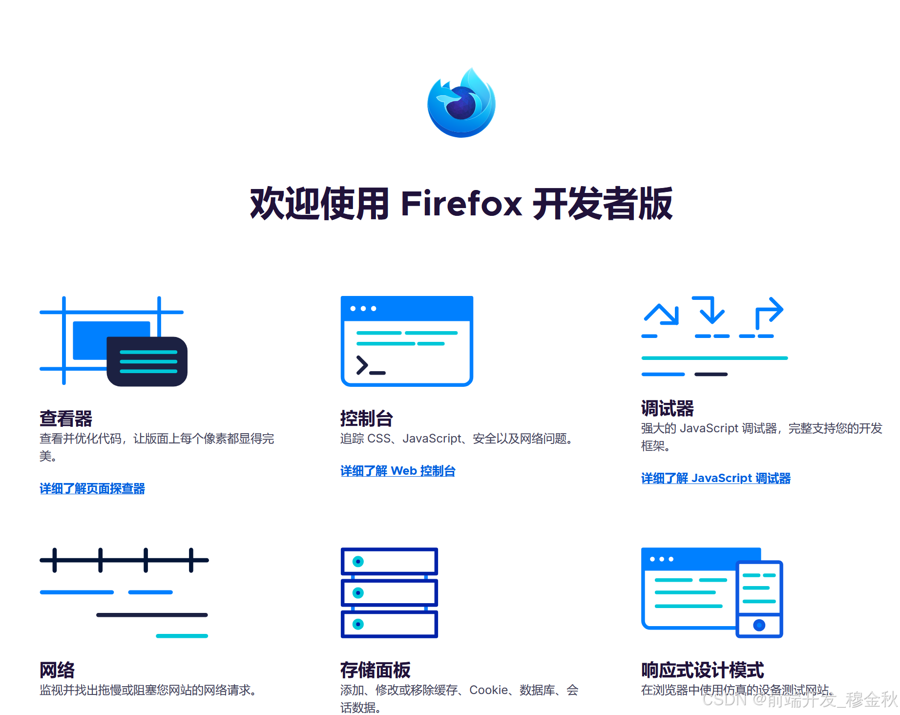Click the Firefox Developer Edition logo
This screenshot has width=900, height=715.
pos(461,103)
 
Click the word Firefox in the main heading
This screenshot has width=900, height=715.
pos(461,204)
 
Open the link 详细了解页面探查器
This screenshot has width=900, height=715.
pos(92,488)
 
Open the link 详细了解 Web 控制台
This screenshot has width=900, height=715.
pos(398,471)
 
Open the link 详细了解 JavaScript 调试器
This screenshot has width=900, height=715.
pos(715,478)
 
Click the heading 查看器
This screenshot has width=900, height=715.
pos(66,419)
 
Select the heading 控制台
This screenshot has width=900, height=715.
pos(366,419)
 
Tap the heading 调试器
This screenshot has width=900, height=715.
pos(667,408)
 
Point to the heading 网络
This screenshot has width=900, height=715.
pos(57,670)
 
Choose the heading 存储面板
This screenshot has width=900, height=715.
pos(375,670)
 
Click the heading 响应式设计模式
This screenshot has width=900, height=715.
pos(702,670)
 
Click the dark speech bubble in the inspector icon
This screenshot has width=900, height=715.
pos(147,361)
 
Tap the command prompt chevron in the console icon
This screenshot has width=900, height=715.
pos(362,365)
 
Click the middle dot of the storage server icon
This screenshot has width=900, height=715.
pos(358,593)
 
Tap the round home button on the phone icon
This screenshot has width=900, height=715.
pos(759,625)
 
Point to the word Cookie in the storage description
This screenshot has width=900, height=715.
pos(489,690)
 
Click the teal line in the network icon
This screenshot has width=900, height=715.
pos(182,636)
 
